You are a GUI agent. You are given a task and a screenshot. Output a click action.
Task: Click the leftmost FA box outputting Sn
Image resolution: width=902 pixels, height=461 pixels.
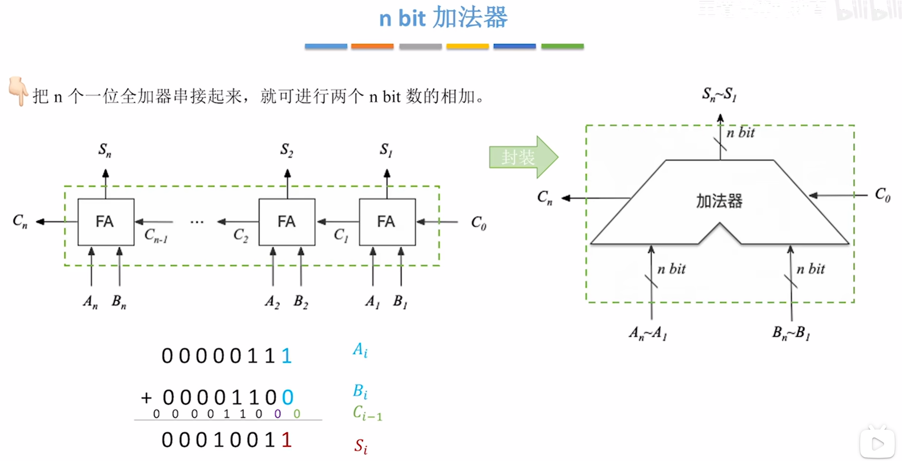click(106, 222)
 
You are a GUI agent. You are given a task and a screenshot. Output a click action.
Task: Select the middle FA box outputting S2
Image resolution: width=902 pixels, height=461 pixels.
click(287, 222)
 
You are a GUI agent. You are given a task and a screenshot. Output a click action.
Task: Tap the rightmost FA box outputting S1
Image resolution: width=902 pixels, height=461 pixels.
click(387, 222)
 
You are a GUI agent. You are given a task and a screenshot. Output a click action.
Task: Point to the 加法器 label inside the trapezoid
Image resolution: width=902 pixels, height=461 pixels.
click(719, 201)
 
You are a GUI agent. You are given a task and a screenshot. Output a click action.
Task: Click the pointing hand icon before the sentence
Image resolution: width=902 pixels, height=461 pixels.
click(18, 91)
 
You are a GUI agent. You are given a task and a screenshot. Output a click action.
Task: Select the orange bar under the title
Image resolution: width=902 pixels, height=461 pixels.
click(372, 47)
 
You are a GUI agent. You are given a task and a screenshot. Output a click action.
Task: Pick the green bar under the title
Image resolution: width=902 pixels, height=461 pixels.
click(562, 47)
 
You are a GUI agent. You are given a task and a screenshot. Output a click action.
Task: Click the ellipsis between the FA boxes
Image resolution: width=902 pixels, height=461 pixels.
click(197, 222)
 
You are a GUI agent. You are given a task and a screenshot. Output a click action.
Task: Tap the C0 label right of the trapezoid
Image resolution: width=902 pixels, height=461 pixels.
click(883, 195)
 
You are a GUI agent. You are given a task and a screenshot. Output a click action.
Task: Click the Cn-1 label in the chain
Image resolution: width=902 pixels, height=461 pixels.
click(156, 236)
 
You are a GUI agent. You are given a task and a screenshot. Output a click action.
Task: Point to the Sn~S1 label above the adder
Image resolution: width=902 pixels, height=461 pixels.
click(719, 94)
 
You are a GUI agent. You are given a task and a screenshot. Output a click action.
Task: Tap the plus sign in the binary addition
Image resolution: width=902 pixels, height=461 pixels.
click(146, 398)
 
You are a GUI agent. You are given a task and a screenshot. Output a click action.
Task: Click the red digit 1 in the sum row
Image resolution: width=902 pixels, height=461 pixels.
click(287, 440)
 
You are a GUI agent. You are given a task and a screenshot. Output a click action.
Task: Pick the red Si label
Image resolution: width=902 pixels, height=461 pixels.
click(361, 446)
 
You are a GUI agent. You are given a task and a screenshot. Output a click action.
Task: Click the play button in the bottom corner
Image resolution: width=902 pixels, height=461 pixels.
click(877, 443)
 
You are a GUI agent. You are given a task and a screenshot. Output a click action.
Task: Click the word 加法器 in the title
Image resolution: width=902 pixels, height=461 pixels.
click(470, 18)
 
